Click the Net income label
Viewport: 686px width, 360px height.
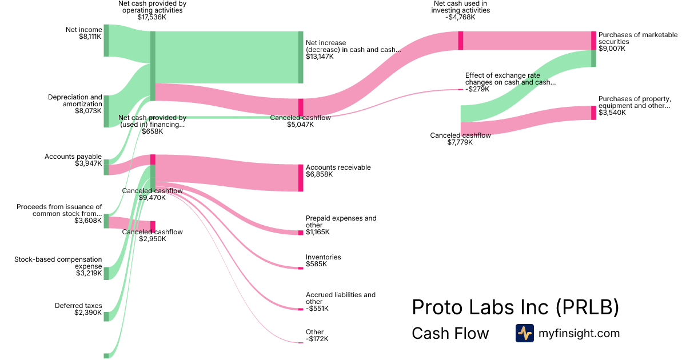coord(83,30)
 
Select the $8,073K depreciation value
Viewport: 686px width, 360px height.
coord(88,111)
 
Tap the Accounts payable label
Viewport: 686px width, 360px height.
coord(73,157)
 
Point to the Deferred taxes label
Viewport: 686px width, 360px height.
coord(78,306)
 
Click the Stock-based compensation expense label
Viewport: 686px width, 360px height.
coord(58,263)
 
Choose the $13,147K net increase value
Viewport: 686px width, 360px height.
coord(320,57)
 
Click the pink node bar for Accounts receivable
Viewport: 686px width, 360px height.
coord(301,178)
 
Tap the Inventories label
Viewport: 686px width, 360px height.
coord(324,257)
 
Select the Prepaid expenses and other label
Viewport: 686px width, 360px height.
coord(341,222)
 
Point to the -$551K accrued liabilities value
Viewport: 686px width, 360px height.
coord(317,309)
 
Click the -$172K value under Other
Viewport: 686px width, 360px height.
coord(317,339)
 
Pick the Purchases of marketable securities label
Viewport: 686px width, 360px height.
coord(638,38)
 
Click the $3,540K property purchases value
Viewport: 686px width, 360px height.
coord(612,113)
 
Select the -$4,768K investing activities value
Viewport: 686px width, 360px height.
coord(460,17)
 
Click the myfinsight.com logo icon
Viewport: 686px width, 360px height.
coord(525,333)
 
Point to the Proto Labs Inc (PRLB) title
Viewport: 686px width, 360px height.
coord(516,307)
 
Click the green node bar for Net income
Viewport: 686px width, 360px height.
coord(106,41)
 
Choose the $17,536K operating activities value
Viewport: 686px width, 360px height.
coord(152,17)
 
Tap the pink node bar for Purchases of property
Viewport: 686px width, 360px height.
coord(593,113)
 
